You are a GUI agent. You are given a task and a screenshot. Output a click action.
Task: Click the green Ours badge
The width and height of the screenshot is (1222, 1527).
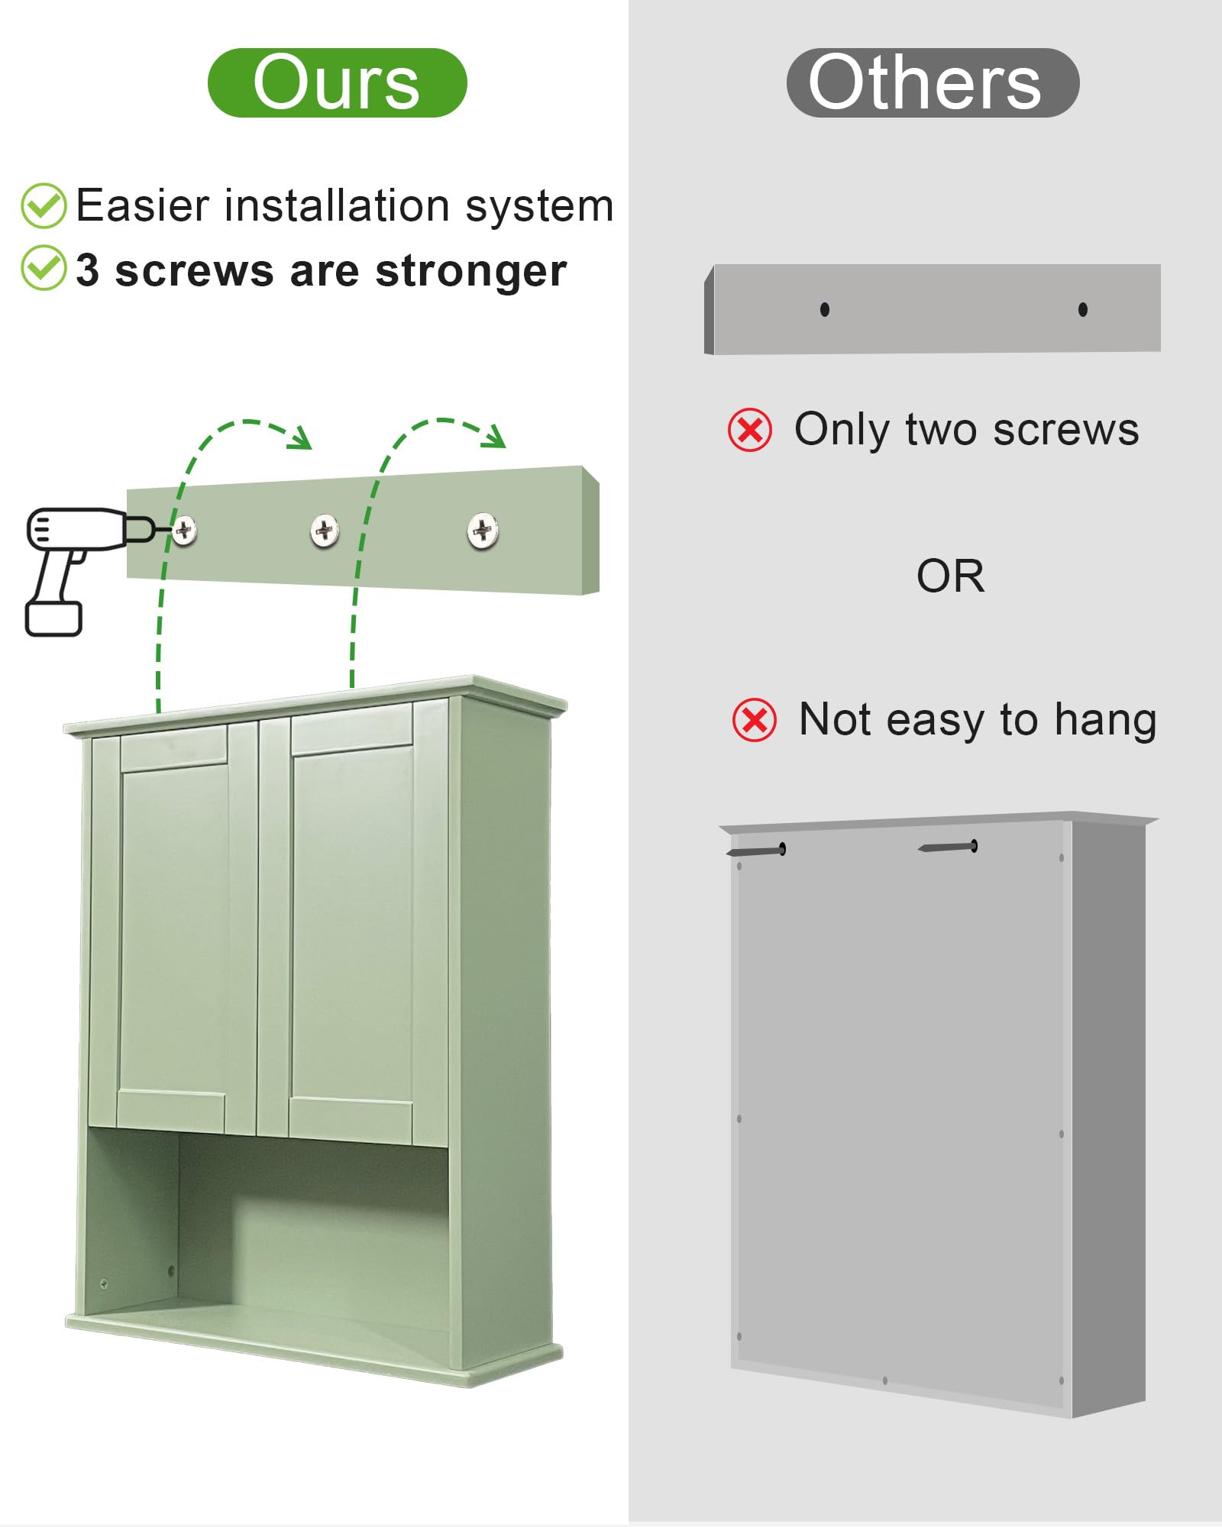coord(337,82)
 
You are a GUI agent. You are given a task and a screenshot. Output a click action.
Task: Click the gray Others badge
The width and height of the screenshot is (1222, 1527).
coord(933,82)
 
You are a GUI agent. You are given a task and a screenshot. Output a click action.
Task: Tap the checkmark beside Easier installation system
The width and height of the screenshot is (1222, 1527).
coord(44,205)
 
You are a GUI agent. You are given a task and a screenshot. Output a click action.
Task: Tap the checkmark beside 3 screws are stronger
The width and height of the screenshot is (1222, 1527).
coord(44,267)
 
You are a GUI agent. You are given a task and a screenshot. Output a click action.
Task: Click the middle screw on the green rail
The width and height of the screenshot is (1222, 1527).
coord(325,530)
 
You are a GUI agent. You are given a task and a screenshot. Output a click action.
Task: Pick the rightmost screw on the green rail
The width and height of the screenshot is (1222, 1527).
coord(483,531)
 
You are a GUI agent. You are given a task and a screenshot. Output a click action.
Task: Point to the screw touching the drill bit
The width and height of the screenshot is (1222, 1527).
coord(184,530)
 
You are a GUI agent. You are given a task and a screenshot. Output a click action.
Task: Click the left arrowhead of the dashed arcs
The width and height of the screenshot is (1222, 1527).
coord(299,437)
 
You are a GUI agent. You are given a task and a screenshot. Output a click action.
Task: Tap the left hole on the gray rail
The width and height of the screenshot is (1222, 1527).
coord(825,309)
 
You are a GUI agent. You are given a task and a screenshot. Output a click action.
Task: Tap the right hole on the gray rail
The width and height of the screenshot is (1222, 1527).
coord(1083,309)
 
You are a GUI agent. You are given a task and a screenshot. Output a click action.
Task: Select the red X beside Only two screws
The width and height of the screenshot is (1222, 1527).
coord(750,430)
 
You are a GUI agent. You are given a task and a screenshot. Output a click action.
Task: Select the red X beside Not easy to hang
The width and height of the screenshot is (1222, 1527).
coord(755,720)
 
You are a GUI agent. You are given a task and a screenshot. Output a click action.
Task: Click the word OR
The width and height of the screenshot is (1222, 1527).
coord(951,576)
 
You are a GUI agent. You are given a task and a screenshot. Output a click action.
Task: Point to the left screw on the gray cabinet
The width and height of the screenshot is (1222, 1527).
coord(756,851)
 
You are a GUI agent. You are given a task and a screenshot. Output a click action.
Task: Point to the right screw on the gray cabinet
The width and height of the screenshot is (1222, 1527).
coord(948,847)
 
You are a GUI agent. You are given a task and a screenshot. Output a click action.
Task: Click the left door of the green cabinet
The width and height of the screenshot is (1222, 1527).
coord(174,929)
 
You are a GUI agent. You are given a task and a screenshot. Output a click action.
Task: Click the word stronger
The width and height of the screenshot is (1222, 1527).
coord(471,272)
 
